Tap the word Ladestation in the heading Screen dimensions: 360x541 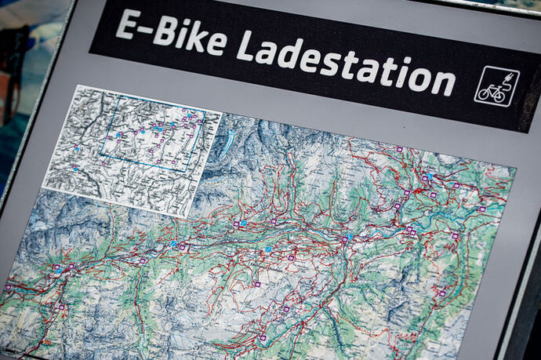pos(346,62)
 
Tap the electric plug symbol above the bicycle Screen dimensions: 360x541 pos(507,78)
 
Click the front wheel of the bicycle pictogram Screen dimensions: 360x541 pos(502,96)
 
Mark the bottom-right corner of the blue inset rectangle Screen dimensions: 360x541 pos(189,170)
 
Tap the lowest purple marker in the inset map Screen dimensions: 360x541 pos(76,168)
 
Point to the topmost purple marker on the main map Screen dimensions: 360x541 pos(398,149)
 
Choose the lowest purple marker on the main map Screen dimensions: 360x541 pos(263,338)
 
